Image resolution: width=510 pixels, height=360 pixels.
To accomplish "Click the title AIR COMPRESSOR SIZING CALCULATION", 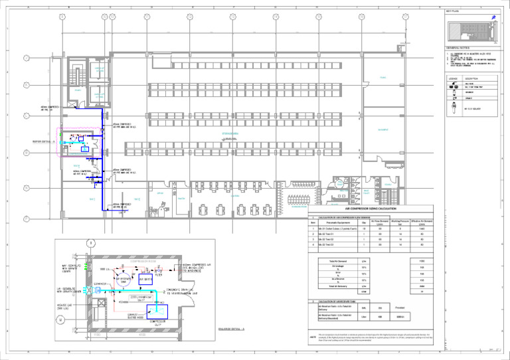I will coord(370,209).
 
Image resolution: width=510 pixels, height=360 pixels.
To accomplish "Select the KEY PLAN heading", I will coord(454,11).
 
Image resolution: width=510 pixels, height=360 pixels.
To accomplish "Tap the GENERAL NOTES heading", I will coord(458,48).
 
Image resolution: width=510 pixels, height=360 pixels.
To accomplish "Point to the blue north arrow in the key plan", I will coord(492,18).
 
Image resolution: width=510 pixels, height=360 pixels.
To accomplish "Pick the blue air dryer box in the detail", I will coord(146,280).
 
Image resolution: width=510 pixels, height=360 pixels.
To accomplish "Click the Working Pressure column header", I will coord(400,224).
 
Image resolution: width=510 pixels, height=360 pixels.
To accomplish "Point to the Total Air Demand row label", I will coord(333,262).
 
